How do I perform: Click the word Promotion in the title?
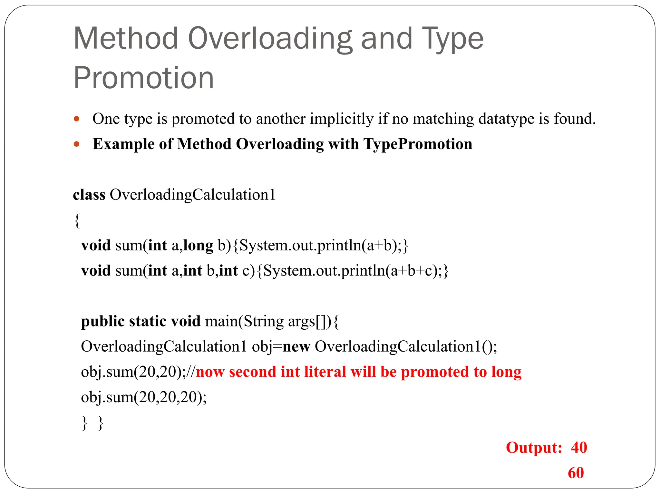144,78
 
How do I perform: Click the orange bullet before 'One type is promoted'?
77,119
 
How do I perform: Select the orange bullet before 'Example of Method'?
77,144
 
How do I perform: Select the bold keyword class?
89,195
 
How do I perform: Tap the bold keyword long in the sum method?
198,246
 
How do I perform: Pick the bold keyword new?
296,347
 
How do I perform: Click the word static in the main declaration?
147,321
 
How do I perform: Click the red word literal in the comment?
325,372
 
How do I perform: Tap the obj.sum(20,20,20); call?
144,397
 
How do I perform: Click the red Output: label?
534,448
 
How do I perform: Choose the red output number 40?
579,448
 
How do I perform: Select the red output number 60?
576,473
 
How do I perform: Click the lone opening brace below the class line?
77,221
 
